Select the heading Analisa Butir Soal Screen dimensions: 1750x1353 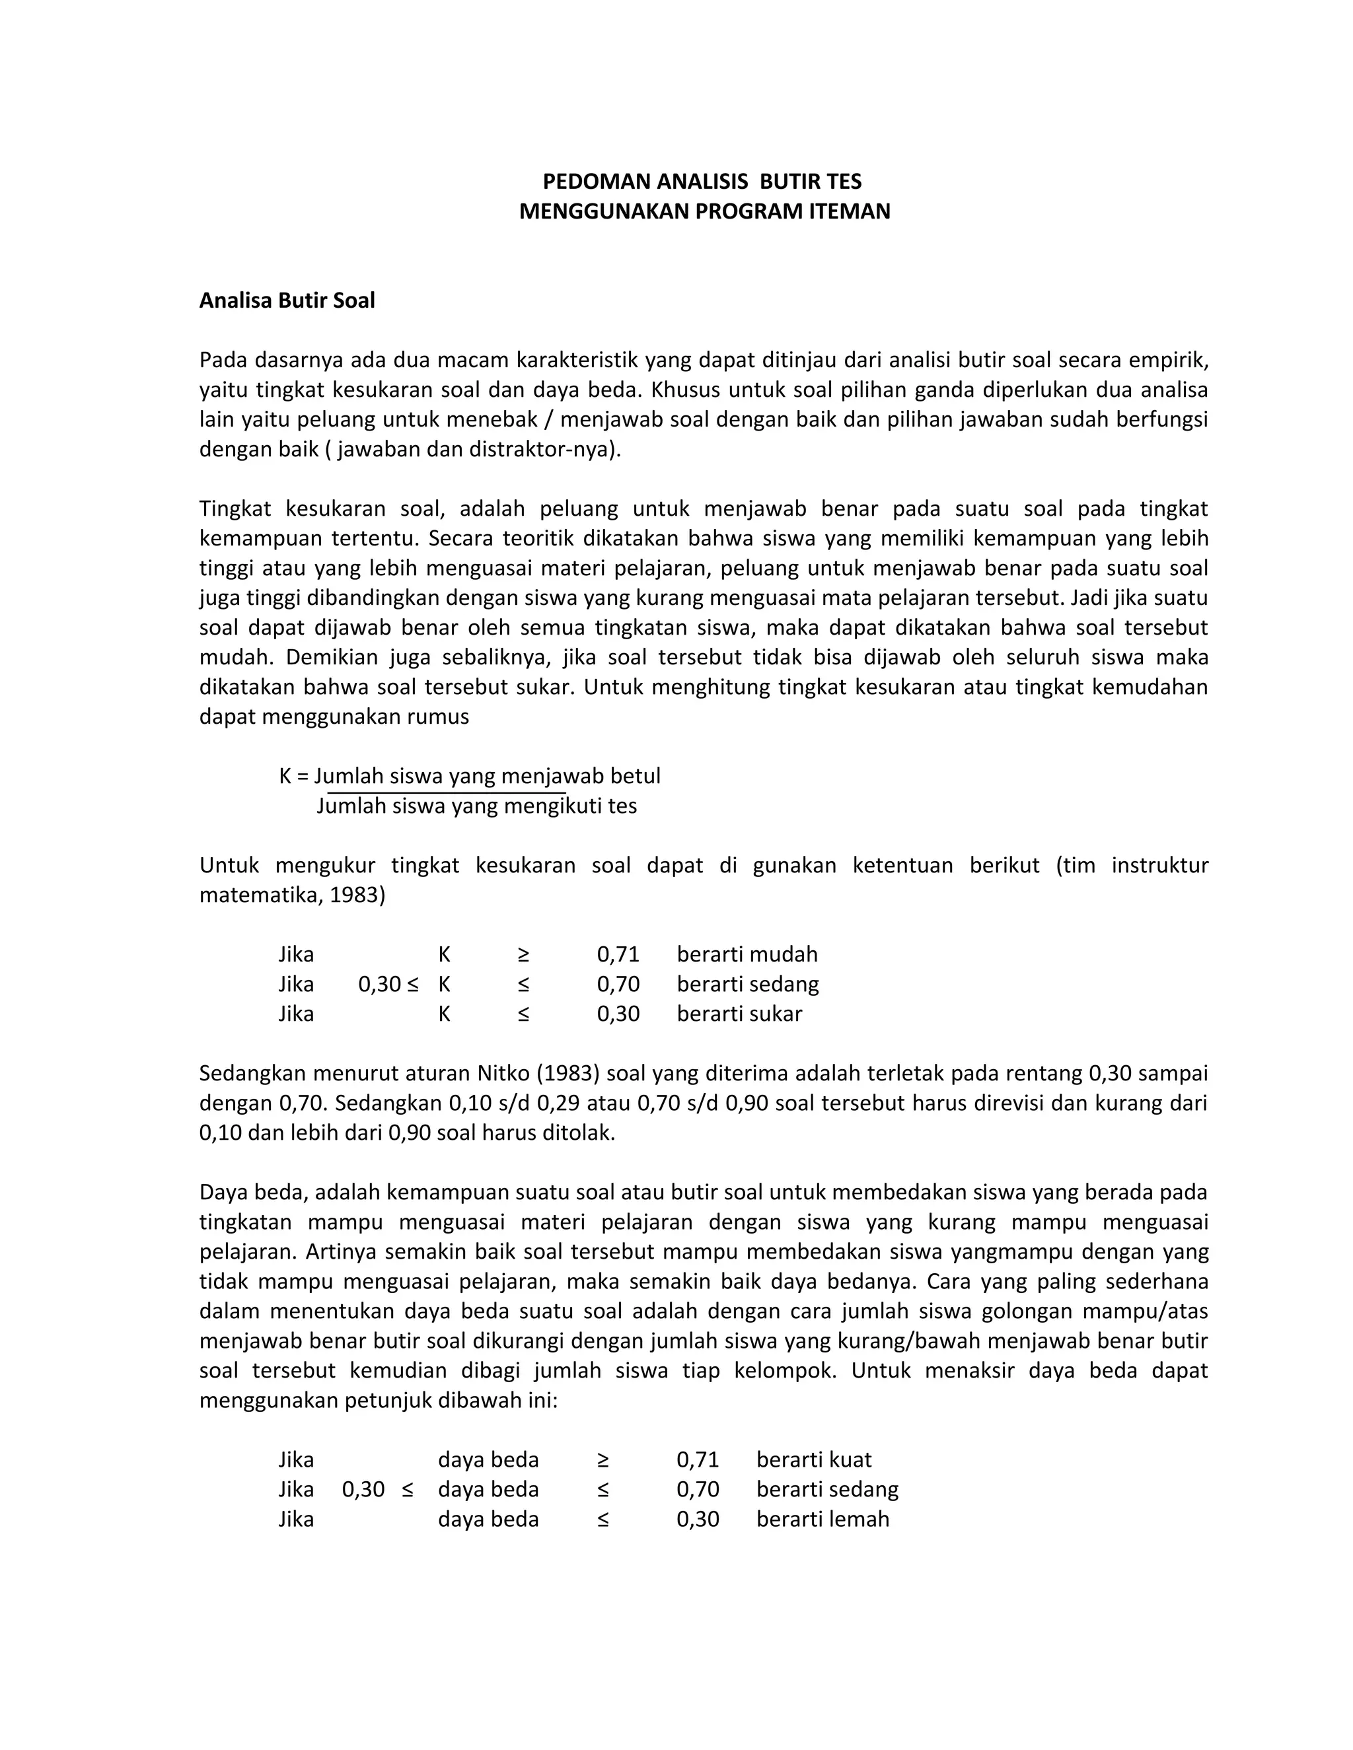tap(287, 300)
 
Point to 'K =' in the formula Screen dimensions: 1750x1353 tap(293, 776)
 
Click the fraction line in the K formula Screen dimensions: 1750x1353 tap(446, 792)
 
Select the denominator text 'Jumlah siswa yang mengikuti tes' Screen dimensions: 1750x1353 tap(477, 806)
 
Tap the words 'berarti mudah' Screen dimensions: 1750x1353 tap(747, 954)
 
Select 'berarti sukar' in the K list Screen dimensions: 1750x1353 tap(739, 1014)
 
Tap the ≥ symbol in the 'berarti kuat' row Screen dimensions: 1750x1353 tap(603, 1460)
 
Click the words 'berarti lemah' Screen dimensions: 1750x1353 tap(823, 1520)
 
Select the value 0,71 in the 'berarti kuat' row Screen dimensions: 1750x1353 tap(698, 1460)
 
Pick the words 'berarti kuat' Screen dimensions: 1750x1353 tap(813, 1460)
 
